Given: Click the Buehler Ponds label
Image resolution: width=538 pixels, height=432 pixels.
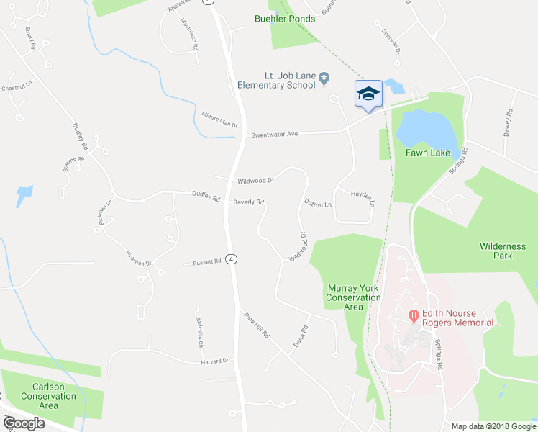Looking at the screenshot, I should [x=285, y=18].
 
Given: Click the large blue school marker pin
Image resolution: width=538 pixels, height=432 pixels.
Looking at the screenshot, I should [x=368, y=94].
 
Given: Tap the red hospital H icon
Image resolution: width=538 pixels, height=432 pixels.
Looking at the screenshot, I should [x=414, y=315].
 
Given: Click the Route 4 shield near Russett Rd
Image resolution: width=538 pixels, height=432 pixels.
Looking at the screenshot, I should [x=231, y=259].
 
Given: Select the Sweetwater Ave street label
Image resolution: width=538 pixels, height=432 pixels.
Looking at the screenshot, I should [x=273, y=134].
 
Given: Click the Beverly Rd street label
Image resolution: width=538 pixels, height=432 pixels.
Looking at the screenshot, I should [x=248, y=202].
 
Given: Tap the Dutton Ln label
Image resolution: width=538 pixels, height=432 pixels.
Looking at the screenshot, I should [x=317, y=204].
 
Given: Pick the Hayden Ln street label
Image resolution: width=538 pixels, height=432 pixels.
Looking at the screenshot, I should [x=363, y=198].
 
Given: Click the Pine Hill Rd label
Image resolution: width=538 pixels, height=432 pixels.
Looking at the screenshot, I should [x=255, y=325].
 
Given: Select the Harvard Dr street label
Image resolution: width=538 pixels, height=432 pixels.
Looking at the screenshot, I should [x=214, y=360].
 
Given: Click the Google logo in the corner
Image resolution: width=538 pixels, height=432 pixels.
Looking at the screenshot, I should [x=24, y=423].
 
